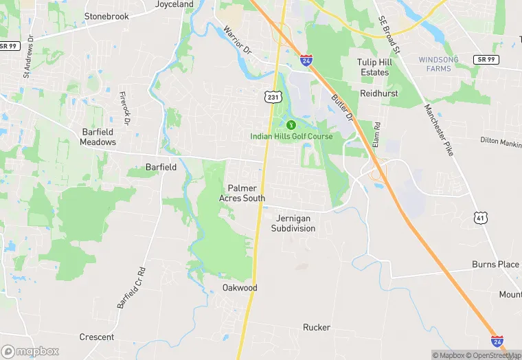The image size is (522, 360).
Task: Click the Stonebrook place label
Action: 106,16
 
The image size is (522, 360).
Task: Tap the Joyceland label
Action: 174,4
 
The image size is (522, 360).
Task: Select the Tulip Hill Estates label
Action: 374,67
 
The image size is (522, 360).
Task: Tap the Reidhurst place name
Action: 379,93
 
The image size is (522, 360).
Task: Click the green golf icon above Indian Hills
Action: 291,125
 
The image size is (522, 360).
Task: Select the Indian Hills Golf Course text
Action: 291,137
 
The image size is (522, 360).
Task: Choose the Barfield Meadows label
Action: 98,137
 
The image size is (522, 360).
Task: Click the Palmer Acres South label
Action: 242,193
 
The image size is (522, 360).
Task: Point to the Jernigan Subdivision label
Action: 293,223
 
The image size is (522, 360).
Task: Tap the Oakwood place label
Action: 240,288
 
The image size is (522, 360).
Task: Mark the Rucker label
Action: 317,328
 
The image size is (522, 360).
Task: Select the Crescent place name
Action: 97,337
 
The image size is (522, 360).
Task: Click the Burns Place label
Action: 495,265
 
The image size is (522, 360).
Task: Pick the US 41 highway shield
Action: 481,218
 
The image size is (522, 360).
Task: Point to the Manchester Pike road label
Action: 438,130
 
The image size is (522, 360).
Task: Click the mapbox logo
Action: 30,351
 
